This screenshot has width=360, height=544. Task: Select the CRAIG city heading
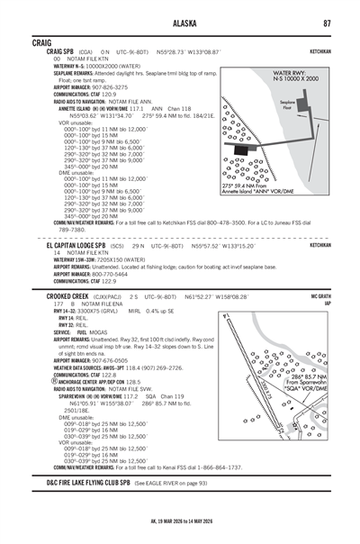42,42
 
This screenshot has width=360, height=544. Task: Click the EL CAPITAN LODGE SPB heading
76,245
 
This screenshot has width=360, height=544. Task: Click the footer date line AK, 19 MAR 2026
180,532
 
